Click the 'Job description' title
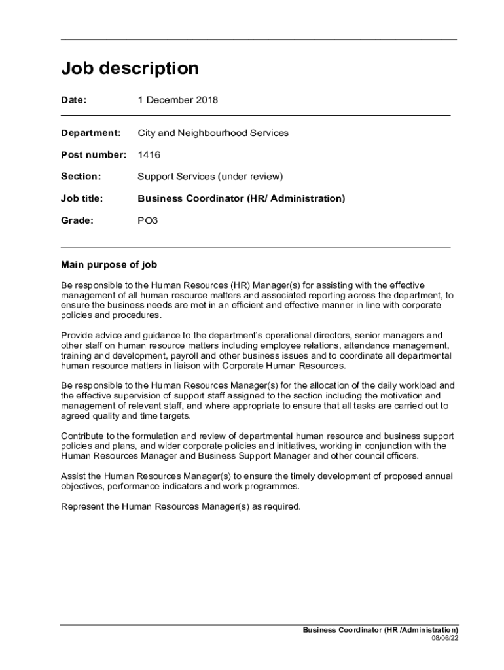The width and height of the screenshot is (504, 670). pyautogui.click(x=130, y=69)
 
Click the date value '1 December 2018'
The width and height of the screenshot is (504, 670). pyautogui.click(x=177, y=101)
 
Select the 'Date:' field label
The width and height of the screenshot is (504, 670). pyautogui.click(x=74, y=101)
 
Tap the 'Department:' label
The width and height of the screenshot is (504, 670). pyautogui.click(x=91, y=133)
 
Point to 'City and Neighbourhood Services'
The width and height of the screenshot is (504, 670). pyautogui.click(x=213, y=133)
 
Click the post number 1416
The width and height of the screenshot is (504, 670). pyautogui.click(x=149, y=155)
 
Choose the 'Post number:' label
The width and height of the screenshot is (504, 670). pyautogui.click(x=94, y=155)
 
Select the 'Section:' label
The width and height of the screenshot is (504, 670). pyautogui.click(x=81, y=177)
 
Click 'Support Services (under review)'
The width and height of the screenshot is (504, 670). pyautogui.click(x=210, y=177)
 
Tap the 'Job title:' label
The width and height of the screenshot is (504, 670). pyautogui.click(x=82, y=198)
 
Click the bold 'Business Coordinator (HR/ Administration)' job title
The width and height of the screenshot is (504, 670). pyautogui.click(x=241, y=198)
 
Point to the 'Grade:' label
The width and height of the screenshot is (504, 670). pyautogui.click(x=77, y=220)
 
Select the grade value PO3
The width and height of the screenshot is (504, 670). pyautogui.click(x=147, y=220)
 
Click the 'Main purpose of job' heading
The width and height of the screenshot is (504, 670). pyautogui.click(x=109, y=265)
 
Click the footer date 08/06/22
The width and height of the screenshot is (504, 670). pyautogui.click(x=444, y=638)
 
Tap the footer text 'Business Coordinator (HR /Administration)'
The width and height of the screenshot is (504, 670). pyautogui.click(x=380, y=630)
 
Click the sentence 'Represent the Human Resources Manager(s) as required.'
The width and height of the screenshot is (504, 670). pyautogui.click(x=181, y=506)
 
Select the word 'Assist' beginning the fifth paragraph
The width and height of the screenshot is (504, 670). pyautogui.click(x=73, y=476)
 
